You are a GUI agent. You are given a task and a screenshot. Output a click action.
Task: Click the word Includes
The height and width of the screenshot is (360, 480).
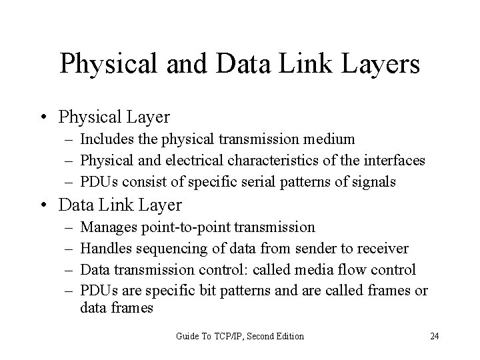(103, 139)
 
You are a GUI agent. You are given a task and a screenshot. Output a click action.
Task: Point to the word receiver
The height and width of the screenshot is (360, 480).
(383, 248)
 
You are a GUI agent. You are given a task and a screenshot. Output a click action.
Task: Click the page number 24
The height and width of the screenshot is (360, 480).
(434, 336)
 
